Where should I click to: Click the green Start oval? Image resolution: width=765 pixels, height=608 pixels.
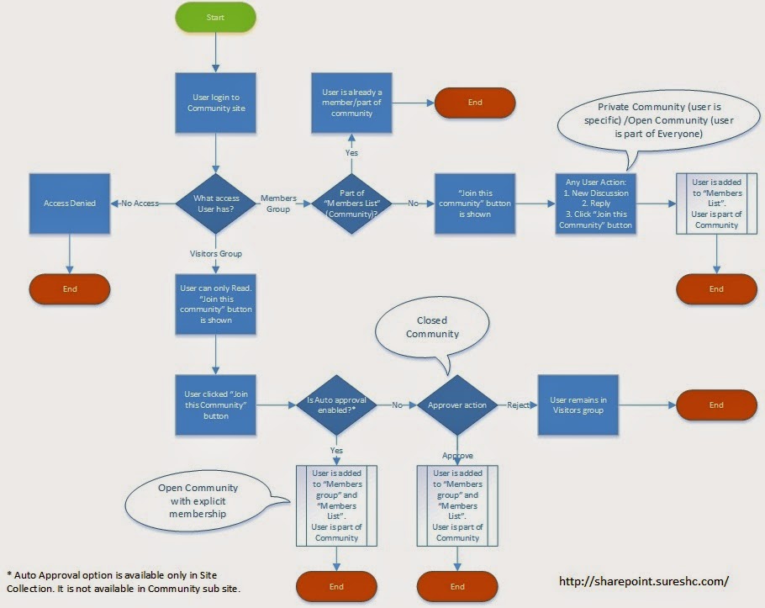tap(215, 18)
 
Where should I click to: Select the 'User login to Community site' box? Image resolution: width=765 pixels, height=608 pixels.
tap(215, 103)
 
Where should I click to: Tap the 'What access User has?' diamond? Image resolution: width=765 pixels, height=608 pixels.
tap(215, 204)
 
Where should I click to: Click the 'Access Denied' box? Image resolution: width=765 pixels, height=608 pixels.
tap(70, 203)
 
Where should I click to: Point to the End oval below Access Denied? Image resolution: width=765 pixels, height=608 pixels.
tap(70, 288)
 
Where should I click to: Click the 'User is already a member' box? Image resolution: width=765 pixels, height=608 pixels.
tap(353, 103)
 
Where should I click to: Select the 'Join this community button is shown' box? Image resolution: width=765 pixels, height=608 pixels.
tap(474, 204)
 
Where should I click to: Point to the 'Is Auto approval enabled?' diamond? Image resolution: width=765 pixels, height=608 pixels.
tap(336, 404)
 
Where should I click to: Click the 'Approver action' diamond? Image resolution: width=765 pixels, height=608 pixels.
tap(457, 404)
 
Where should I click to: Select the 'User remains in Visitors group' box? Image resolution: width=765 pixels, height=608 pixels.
tap(578, 404)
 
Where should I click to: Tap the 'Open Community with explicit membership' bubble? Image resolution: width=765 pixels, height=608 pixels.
tap(198, 501)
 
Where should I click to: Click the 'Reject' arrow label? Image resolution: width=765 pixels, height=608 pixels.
tap(519, 404)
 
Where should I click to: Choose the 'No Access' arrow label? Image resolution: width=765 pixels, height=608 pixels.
tap(140, 204)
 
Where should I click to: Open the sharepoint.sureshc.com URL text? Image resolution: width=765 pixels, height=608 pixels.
tap(643, 580)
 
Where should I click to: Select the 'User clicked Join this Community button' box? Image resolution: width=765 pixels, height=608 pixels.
tap(215, 404)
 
